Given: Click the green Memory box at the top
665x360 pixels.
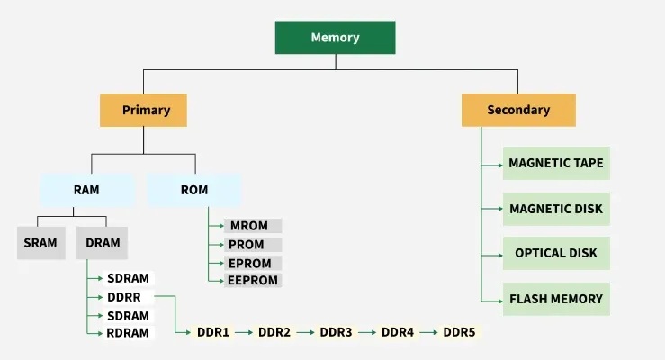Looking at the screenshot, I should [335, 38].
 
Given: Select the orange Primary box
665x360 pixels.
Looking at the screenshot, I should [146, 110].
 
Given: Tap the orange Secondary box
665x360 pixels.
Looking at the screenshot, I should [518, 110].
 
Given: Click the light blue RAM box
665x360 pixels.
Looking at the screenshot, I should [86, 190].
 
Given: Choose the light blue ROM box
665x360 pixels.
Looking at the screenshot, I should [194, 190].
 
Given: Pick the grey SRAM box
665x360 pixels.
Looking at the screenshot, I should [41, 242].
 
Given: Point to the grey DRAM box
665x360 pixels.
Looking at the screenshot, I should [103, 242].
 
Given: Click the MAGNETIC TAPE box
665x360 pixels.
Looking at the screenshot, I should [556, 164].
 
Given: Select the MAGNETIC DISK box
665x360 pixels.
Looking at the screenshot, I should [556, 209].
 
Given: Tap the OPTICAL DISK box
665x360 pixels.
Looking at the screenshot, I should [556, 254].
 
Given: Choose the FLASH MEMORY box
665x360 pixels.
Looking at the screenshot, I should [556, 299].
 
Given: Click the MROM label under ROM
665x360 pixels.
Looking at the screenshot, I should [252, 226].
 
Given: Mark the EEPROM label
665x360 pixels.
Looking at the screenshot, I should [253, 281].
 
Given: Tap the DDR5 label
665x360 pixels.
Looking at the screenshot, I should [459, 332].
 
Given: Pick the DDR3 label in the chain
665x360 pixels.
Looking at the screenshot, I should [336, 332].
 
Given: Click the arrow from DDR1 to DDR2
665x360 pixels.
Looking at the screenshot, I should [243, 332].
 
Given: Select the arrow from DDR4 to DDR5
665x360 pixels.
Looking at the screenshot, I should [428, 332].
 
